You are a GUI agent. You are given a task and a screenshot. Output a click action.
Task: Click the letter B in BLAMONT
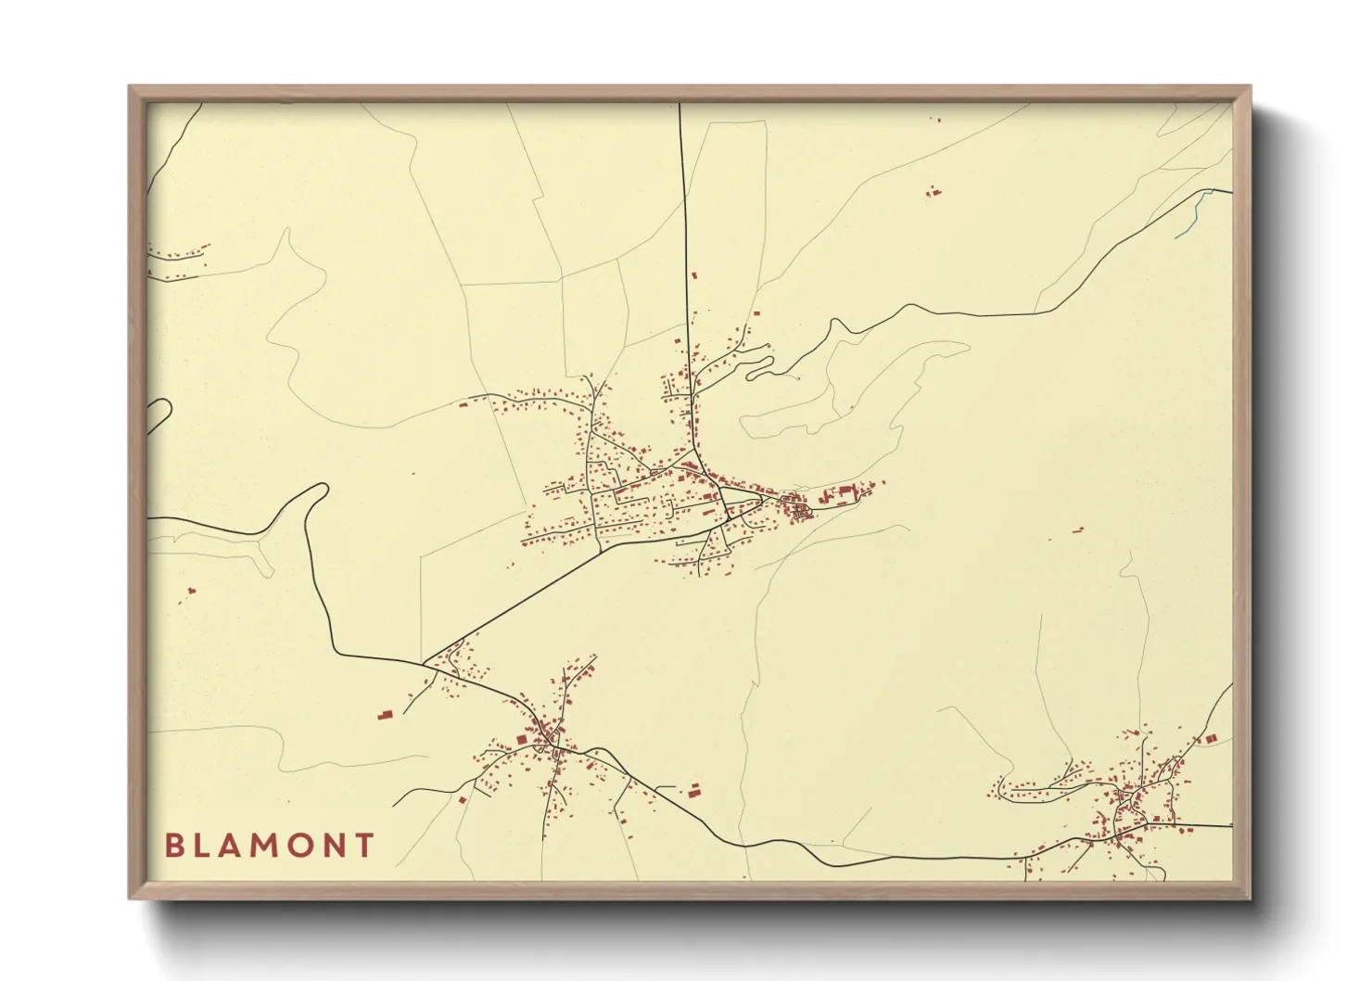coord(173,846)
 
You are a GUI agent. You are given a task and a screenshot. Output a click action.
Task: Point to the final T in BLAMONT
coord(364,846)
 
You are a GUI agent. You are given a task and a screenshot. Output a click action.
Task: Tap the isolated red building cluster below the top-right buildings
coord(934,193)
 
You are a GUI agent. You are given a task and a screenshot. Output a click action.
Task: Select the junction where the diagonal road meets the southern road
coord(425,663)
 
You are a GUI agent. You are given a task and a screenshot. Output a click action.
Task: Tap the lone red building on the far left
coord(192,590)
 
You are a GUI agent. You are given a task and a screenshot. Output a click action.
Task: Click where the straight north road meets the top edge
coord(680,105)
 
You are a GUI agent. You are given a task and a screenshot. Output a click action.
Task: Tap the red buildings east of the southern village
coord(693,789)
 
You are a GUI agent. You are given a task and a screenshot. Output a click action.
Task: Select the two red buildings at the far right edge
coord(1210,738)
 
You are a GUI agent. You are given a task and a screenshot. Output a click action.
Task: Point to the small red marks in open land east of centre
coord(1077,530)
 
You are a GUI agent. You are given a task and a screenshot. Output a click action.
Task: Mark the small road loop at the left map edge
coord(159,414)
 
